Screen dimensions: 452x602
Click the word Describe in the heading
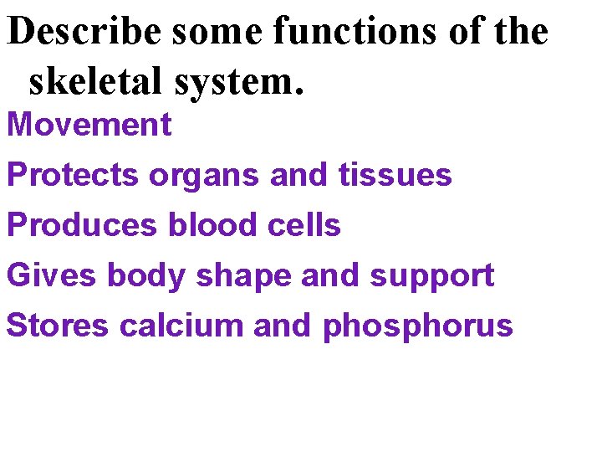[86, 32]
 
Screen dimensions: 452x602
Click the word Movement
[89, 125]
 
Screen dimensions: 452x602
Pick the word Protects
[73, 175]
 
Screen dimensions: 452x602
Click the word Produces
[82, 225]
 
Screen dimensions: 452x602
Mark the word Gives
[52, 275]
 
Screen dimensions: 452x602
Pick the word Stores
[58, 326]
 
